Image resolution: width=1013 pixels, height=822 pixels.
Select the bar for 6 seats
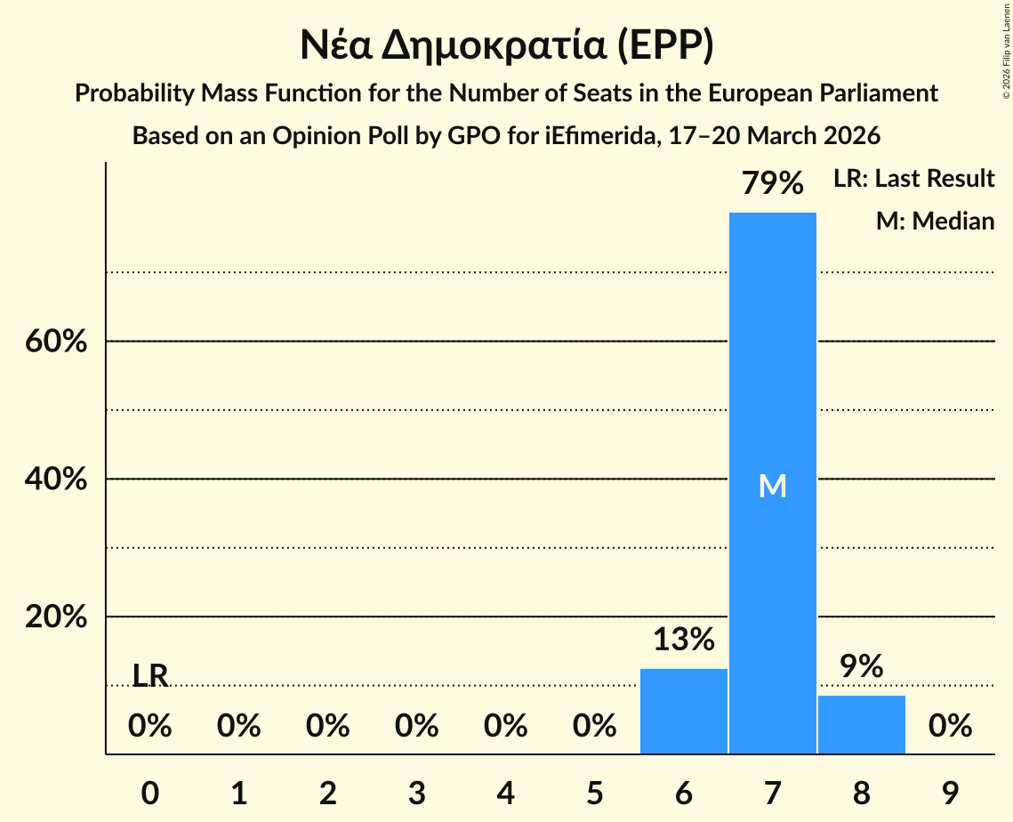pos(683,711)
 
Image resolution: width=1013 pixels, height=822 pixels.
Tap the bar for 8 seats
pos(861,724)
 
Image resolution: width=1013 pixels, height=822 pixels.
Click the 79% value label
pos(772,184)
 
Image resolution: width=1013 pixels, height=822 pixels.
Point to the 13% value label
pos(683,640)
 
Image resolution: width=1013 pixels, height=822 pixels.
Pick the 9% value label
pos(861,666)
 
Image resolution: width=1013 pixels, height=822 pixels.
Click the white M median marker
pos(772,486)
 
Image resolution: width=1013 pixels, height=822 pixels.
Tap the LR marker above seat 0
pos(149,676)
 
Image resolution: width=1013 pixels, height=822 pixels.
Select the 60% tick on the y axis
pos(56,342)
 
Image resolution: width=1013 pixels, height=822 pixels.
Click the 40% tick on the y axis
pos(56,479)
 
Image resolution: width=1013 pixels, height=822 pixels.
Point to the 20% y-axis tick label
pos(56,617)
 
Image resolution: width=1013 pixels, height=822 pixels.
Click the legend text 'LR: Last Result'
pos(913,179)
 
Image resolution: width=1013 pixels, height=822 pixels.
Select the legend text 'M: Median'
pos(935,221)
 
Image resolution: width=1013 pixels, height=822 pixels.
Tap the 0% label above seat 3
pos(416,727)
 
